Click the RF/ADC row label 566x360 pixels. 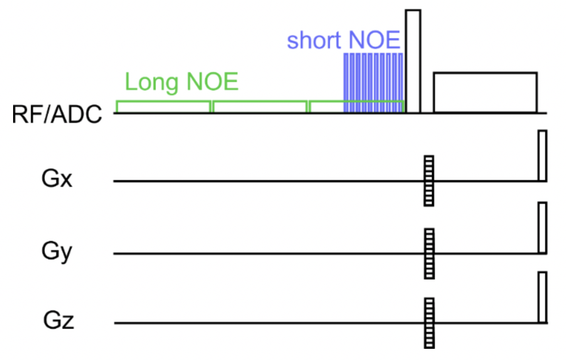click(57, 114)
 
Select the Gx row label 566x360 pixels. click(57, 179)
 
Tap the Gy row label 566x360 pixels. click(57, 251)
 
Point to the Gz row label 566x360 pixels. click(58, 320)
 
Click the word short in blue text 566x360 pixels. click(314, 40)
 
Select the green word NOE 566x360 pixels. click(212, 82)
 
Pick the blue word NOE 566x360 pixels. click(374, 40)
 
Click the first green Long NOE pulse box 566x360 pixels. click(163, 107)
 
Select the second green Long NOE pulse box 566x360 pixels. click(260, 107)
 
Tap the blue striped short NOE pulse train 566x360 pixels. click(373, 82)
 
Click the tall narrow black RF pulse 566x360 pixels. click(413, 61)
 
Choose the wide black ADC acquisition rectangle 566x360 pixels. click(485, 93)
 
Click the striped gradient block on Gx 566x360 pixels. click(429, 180)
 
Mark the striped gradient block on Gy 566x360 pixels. click(429, 253)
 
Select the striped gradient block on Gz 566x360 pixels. click(429, 323)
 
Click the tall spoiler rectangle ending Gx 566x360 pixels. click(542, 156)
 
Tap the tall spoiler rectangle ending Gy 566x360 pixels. click(542, 228)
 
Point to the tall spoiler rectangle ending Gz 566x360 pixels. click(542, 297)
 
